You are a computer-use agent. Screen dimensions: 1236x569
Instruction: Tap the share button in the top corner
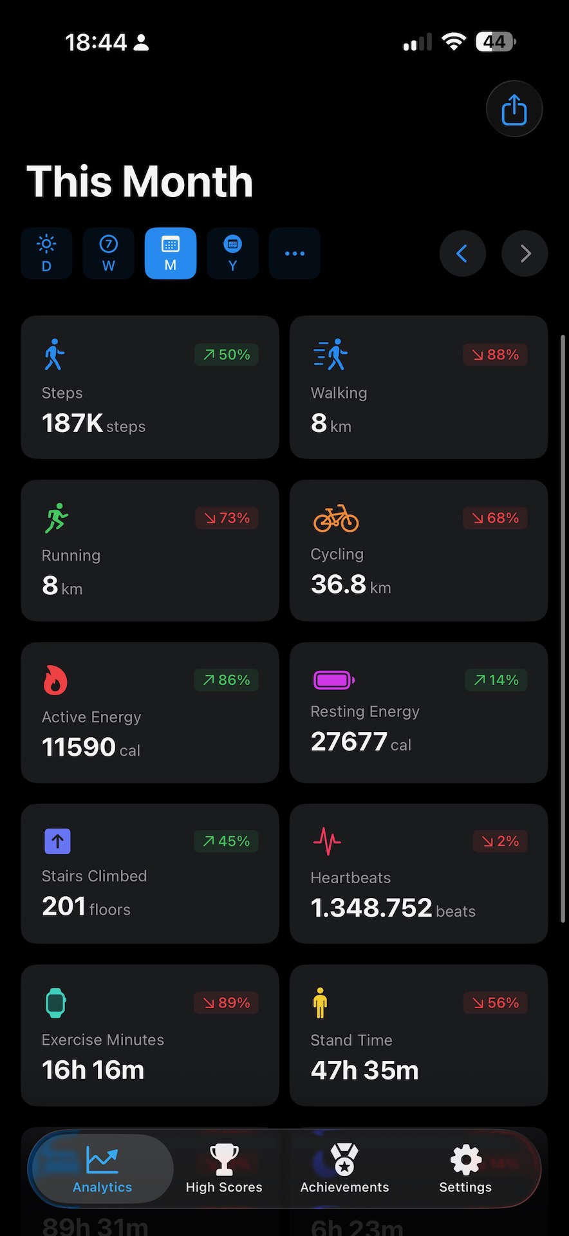pos(514,109)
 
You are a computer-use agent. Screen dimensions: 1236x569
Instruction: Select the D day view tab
pos(46,253)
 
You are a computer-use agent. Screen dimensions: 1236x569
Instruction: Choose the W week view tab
pos(108,253)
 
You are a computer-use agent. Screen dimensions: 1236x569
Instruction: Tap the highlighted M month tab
pos(171,253)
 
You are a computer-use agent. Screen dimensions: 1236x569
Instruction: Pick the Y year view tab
pos(232,253)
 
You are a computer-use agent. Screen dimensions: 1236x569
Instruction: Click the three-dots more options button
pos(294,253)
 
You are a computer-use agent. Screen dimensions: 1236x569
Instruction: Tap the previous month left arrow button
pos(462,254)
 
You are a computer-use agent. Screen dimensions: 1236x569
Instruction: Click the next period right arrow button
pos(525,254)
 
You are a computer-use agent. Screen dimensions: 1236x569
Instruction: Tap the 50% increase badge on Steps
pos(227,355)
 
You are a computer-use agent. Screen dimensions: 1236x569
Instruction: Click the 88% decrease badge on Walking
pos(495,355)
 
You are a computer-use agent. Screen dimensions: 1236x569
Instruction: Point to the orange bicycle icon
pos(336,518)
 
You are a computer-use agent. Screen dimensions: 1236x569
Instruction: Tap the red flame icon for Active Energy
pos(55,680)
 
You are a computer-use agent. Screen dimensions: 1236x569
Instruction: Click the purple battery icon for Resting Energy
pos(333,680)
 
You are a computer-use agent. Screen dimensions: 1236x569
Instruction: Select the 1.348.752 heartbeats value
pos(371,908)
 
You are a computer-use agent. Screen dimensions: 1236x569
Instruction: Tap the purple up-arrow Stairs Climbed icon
pos(57,841)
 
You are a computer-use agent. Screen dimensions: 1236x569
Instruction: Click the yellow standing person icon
pos(320,1002)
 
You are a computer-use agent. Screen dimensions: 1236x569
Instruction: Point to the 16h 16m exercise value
pos(93,1070)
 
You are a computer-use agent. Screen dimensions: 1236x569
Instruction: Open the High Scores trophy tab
pos(224,1168)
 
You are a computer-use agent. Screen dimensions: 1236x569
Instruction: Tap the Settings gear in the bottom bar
pos(465,1168)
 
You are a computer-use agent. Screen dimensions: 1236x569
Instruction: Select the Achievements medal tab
pos(344,1168)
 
